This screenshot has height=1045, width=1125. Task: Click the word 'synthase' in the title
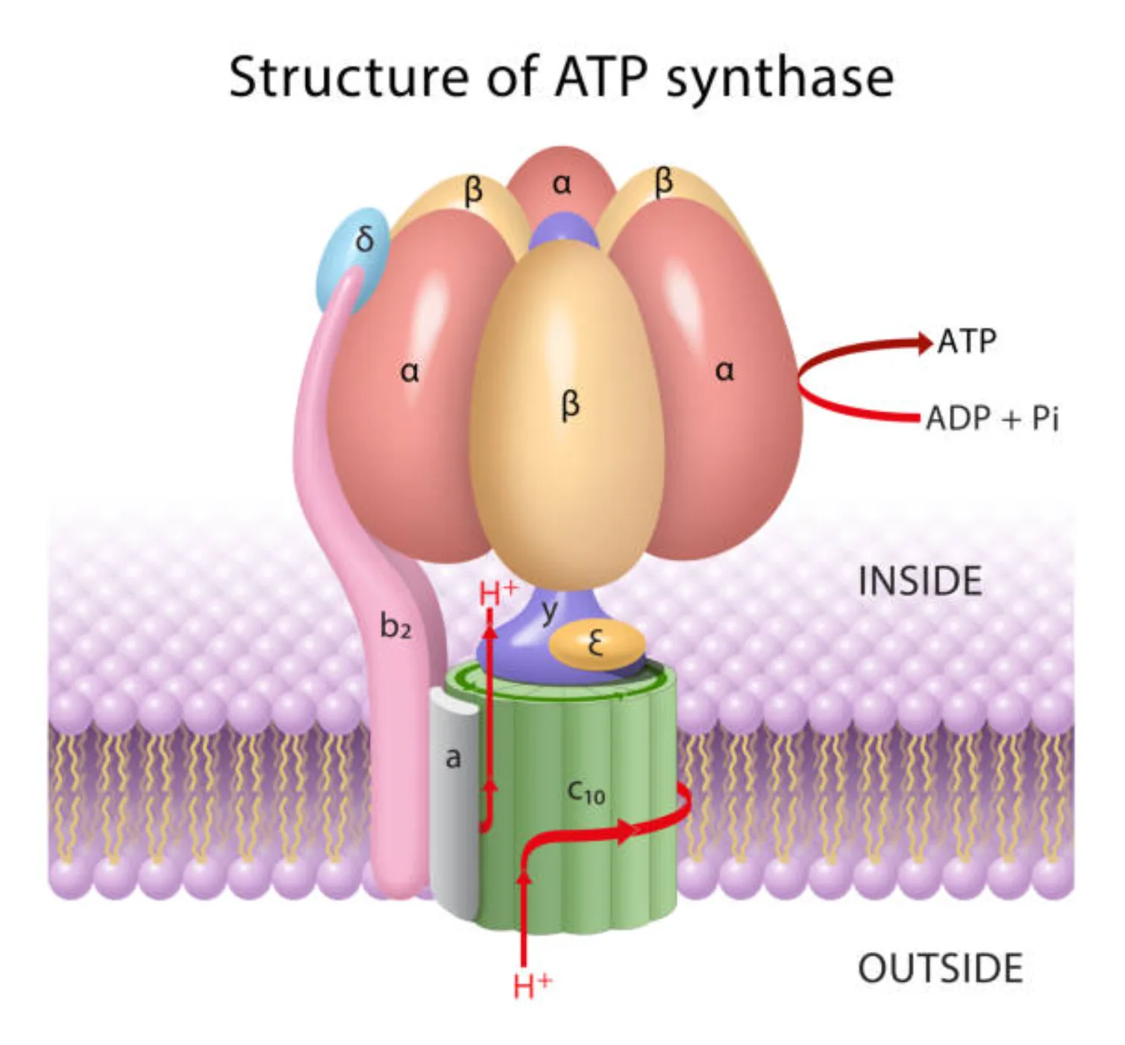pos(779,78)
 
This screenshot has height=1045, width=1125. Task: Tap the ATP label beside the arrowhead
pos(967,341)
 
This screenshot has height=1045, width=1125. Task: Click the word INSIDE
pos(920,581)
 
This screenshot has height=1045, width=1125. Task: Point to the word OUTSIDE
pos(940,969)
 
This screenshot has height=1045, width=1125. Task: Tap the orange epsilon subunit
pos(597,644)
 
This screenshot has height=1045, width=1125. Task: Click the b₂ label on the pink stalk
pos(395,626)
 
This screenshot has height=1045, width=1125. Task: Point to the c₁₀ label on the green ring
pos(586,792)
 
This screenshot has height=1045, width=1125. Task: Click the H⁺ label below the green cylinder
pos(533,985)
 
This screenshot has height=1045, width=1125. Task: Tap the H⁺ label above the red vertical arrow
pos(498,593)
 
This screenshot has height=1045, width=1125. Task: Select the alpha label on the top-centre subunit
pos(562,183)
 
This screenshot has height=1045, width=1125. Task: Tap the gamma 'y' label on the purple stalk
pos(550,611)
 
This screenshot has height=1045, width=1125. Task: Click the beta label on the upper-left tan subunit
pos(473,191)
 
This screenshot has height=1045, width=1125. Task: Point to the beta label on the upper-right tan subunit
pos(663,182)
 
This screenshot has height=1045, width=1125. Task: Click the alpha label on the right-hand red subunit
pos(724,370)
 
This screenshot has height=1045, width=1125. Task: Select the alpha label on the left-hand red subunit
pos(410,371)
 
